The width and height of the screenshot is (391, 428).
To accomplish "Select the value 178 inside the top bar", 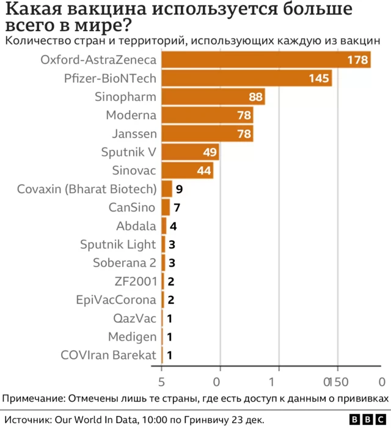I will click(x=357, y=60).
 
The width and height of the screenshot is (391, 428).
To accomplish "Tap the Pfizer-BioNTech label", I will click(x=110, y=78).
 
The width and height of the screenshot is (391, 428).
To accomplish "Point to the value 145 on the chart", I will click(x=319, y=78).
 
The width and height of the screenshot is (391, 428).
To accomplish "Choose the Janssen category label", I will click(x=134, y=133).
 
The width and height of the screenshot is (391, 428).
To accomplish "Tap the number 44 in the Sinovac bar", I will click(x=203, y=171).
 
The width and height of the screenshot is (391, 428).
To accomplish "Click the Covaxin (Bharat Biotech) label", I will click(x=87, y=189).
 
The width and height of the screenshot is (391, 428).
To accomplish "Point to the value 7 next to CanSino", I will click(x=177, y=207).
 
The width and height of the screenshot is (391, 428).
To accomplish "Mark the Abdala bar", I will click(x=164, y=226).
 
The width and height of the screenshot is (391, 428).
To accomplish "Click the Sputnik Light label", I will click(x=118, y=245).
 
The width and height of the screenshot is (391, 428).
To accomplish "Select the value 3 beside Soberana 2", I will click(x=172, y=263).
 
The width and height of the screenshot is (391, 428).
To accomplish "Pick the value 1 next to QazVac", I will click(x=169, y=318).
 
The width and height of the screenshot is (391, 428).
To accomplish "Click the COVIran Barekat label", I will click(x=109, y=355).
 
